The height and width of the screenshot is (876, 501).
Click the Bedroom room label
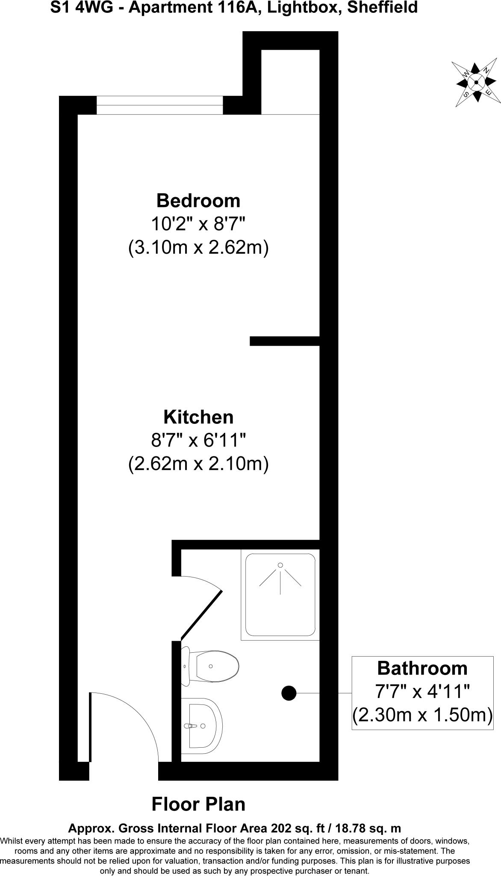(198, 201)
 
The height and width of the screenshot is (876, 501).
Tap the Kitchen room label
(198, 417)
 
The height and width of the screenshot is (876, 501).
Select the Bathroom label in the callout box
(422, 668)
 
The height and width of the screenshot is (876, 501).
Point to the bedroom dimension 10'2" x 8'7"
(198, 224)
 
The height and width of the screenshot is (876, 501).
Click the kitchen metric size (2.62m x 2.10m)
(198, 464)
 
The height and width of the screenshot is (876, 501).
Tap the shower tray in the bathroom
(280, 595)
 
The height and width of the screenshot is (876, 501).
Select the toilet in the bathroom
(210, 666)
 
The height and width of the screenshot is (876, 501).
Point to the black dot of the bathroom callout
(289, 693)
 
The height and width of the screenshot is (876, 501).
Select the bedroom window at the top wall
(159, 105)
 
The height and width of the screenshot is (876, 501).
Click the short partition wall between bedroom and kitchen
(285, 341)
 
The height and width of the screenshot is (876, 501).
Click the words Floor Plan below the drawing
(198, 804)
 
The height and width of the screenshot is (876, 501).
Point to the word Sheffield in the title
(382, 8)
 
